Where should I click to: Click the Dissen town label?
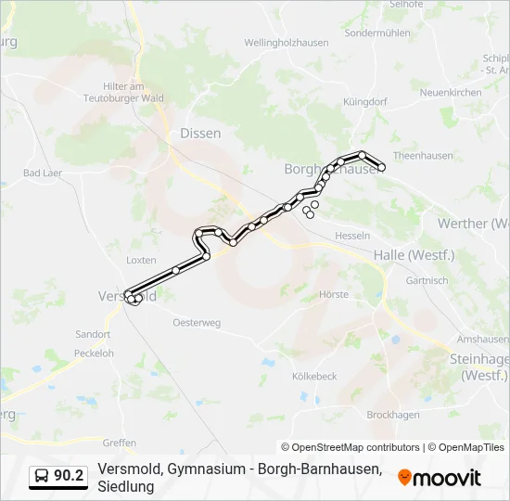coord(200,134)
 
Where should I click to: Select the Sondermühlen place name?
coord(376,32)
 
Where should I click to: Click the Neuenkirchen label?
coord(451,93)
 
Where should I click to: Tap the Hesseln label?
coord(352,236)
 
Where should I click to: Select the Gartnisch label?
coord(427,280)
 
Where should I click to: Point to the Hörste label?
coord(333,295)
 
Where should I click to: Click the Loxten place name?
coord(141,261)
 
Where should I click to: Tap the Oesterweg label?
coord(197,323)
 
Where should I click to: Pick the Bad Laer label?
coord(43,173)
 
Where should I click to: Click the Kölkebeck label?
coord(314,377)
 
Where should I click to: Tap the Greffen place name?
coord(120,443)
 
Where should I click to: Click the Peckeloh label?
coord(94,353)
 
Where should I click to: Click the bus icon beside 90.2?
coord(42,476)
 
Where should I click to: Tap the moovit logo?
coord(440,477)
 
